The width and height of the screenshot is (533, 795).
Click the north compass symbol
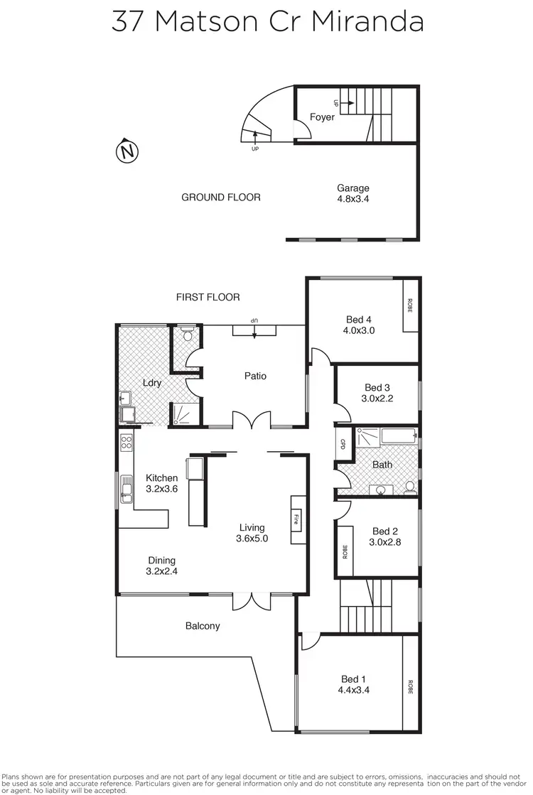click(x=126, y=151)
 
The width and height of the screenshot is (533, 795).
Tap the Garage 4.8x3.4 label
click(x=353, y=193)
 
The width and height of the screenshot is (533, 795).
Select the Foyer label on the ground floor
click(x=322, y=117)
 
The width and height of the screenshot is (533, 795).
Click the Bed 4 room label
click(x=359, y=325)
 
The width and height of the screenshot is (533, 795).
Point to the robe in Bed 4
click(x=410, y=305)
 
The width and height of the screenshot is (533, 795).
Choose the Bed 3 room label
click(x=377, y=393)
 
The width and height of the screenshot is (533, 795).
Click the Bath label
click(x=382, y=465)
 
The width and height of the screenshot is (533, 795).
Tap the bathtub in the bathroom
click(x=398, y=436)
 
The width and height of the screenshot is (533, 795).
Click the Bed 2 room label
click(x=384, y=536)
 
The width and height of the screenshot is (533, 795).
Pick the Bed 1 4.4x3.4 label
click(x=355, y=683)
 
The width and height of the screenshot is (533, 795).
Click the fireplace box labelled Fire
click(x=297, y=519)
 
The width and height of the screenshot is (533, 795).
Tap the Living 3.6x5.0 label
click(x=252, y=533)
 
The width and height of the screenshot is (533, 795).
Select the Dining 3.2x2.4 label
click(x=161, y=565)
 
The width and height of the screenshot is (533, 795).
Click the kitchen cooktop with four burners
click(x=126, y=443)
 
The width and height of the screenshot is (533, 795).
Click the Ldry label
click(x=152, y=382)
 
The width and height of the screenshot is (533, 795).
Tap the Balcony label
click(x=203, y=626)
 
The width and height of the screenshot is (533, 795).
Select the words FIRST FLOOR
click(x=208, y=297)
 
